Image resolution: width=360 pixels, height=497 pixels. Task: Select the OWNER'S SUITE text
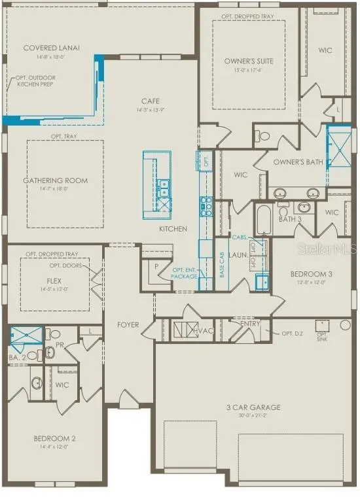coord(249,61)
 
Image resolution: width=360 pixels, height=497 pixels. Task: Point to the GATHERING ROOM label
coord(56,180)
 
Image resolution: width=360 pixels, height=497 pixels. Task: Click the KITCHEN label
coord(173,229)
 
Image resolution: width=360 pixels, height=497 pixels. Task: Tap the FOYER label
coord(128,324)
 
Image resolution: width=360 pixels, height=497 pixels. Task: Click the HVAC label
coord(204,332)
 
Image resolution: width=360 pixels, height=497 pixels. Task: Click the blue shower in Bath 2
coord(26,334)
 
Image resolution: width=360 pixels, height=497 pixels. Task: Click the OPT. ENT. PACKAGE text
coord(185,273)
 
